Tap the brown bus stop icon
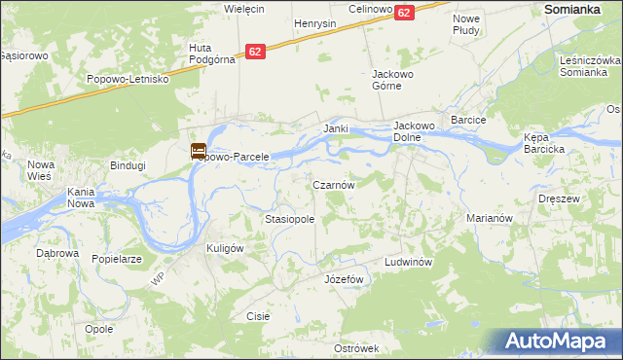coord(198,151)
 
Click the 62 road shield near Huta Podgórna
coord(255,52)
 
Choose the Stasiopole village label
coord(289,220)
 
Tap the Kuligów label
coord(224,248)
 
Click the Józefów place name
coord(343,279)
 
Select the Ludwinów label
coord(407,263)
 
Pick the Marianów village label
coord(489,219)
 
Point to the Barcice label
coord(468,119)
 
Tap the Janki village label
coord(336,128)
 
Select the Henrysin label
coord(314,23)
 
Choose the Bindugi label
coord(128,165)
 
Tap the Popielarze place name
coord(117,260)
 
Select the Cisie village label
coord(258,316)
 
